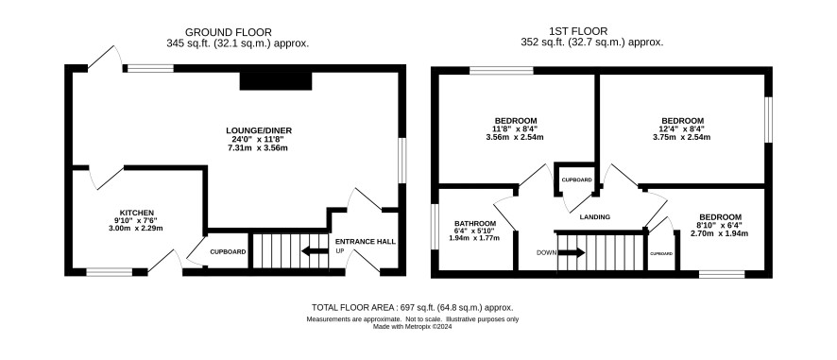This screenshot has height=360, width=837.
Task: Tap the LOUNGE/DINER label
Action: pyautogui.click(x=259, y=130)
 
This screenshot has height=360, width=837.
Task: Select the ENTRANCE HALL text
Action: pyautogui.click(x=366, y=242)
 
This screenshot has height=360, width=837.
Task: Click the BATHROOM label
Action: pyautogui.click(x=475, y=223)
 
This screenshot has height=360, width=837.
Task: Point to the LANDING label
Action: pyautogui.click(x=594, y=217)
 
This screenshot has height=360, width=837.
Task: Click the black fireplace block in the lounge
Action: pyautogui.click(x=276, y=81)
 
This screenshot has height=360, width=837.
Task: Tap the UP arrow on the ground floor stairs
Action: pyautogui.click(x=315, y=251)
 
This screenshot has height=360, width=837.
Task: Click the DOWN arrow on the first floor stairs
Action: pyautogui.click(x=572, y=252)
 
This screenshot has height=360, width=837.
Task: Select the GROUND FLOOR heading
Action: pyautogui.click(x=228, y=32)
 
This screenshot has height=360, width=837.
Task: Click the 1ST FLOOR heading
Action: pyautogui.click(x=578, y=31)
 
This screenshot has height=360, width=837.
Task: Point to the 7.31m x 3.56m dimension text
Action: pyautogui.click(x=256, y=148)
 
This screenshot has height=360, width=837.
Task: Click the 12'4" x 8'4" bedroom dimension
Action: pyautogui.click(x=682, y=129)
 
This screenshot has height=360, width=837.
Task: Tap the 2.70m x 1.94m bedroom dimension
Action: pyautogui.click(x=720, y=233)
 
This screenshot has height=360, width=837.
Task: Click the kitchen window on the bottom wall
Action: pyautogui.click(x=110, y=272)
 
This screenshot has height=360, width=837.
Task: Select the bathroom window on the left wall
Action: pyautogui.click(x=435, y=227)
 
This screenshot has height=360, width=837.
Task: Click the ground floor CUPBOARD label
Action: pyautogui.click(x=228, y=251)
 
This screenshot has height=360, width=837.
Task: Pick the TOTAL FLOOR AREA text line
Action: pyautogui.click(x=413, y=307)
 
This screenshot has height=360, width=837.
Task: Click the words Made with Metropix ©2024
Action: pyautogui.click(x=413, y=327)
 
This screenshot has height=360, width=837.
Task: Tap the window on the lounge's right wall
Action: pyautogui.click(x=402, y=161)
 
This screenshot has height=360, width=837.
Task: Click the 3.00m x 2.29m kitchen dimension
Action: pyautogui.click(x=136, y=229)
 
